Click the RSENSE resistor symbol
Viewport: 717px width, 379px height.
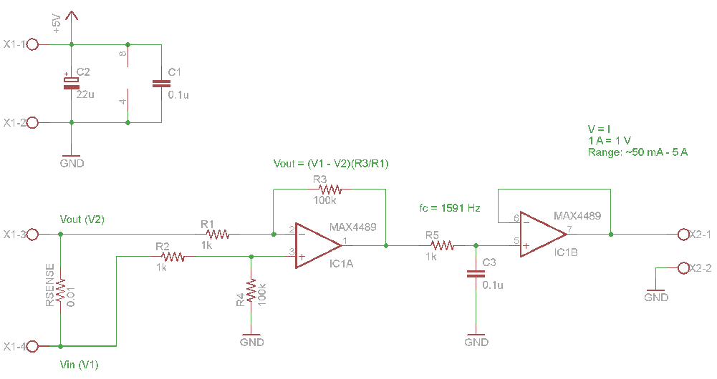click(61, 289)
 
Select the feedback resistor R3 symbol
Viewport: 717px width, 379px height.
click(330, 189)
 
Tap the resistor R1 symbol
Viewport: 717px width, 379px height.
click(217, 234)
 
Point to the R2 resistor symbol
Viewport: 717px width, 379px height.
click(172, 256)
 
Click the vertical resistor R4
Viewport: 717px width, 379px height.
click(251, 290)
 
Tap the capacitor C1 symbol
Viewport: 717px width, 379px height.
click(158, 84)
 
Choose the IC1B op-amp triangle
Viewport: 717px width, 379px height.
click(543, 233)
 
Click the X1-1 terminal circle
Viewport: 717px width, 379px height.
click(32, 44)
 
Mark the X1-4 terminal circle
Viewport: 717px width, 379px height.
click(32, 346)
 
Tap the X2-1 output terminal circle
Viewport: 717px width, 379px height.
click(683, 234)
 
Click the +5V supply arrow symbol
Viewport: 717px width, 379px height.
click(72, 17)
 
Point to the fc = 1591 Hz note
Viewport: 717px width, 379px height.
click(449, 208)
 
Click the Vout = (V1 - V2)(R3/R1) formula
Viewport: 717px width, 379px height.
click(331, 163)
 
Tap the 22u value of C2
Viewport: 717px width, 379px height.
click(85, 94)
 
